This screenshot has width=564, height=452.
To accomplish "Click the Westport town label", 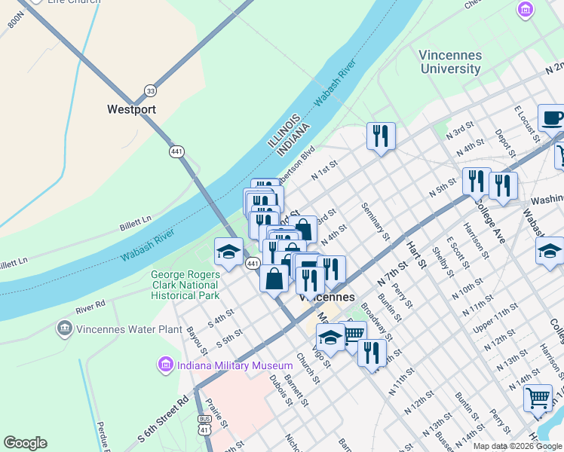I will pyautogui.click(x=131, y=109).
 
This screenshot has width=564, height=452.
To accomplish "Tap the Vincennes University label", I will pyautogui.click(x=450, y=62).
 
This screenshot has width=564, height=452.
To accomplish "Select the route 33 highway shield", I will pyautogui.click(x=151, y=90).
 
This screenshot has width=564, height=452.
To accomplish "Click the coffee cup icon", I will pyautogui.click(x=551, y=118).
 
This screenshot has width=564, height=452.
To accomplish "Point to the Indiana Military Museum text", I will pyautogui.click(x=224, y=365).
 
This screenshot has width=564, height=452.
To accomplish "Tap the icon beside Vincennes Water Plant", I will pyautogui.click(x=64, y=328).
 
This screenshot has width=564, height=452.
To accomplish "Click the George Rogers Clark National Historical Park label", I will pyautogui.click(x=185, y=286).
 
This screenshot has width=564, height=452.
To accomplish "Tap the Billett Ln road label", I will pyautogui.click(x=135, y=223).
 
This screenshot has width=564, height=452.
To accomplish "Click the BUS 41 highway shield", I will pyautogui.click(x=204, y=424).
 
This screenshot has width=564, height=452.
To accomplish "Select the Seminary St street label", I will pyautogui.click(x=375, y=221).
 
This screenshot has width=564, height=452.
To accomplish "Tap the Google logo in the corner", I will pyautogui.click(x=25, y=443).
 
